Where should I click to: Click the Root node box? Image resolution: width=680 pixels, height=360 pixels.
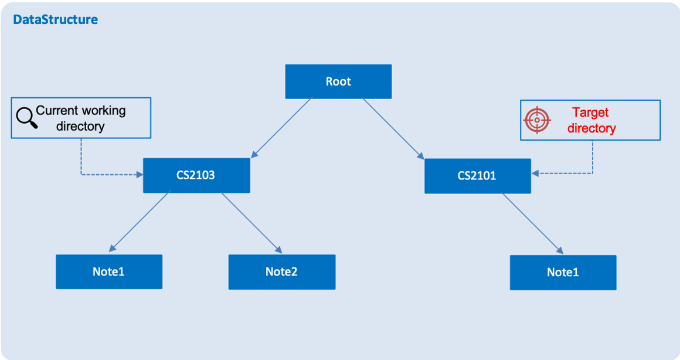point(338,81)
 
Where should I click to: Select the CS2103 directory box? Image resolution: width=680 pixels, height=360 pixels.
point(196,175)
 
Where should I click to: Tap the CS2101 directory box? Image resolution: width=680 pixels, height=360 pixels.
point(478,176)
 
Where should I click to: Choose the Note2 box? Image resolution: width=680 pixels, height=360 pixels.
point(282,272)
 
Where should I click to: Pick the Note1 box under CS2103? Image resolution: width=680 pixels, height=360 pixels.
point(109,271)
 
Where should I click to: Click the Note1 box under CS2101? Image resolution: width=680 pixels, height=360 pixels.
point(563,273)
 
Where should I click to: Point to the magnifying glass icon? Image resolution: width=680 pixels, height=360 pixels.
point(26,117)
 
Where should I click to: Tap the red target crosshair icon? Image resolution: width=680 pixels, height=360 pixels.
point(537,120)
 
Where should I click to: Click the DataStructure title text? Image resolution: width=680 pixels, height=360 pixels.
point(56,19)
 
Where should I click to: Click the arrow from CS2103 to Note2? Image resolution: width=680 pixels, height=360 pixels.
point(251,223)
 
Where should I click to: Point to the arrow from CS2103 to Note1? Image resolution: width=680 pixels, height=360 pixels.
point(139,221)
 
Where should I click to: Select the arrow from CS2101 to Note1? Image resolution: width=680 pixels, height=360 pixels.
point(533,224)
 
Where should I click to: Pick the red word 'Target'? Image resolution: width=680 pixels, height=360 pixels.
point(590,113)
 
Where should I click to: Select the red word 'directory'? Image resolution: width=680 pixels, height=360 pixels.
point(591,128)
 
